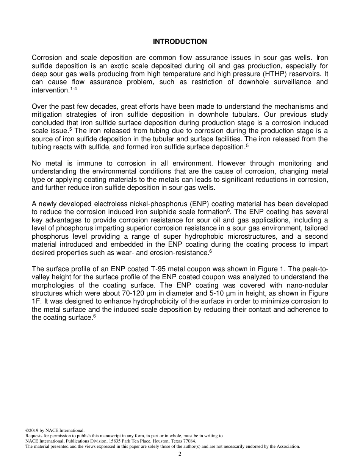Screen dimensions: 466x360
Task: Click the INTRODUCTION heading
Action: pos(180,42)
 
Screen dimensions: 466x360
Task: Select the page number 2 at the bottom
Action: pos(180,454)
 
